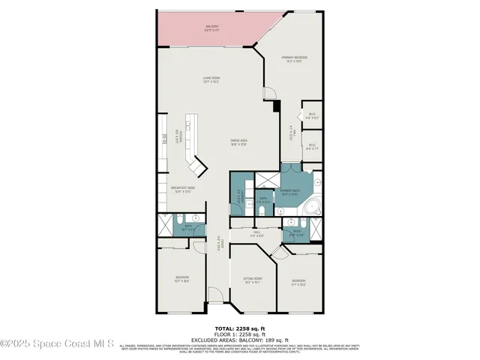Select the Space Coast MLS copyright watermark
(x=57, y=345)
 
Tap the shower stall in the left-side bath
(x=166, y=226)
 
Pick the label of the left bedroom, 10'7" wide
(x=182, y=281)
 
